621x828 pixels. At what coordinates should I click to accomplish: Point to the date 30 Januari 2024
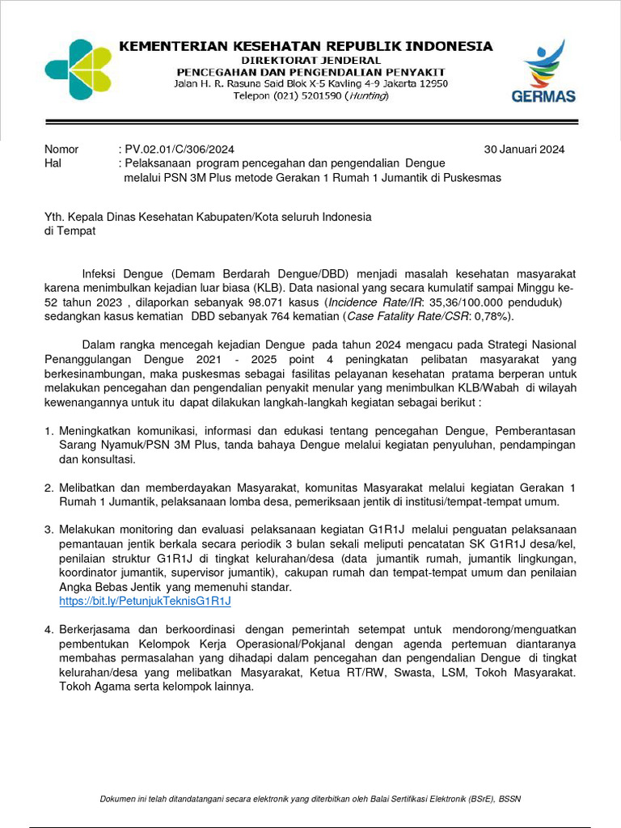tap(524, 150)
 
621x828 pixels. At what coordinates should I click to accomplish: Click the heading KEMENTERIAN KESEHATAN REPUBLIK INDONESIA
tap(306, 46)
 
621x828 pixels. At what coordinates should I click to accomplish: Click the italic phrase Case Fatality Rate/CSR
tap(404, 316)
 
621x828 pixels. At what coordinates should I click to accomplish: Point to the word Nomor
tap(61, 150)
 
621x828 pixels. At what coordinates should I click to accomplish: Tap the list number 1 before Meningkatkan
tap(49, 431)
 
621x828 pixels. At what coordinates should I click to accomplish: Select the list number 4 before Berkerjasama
tap(49, 629)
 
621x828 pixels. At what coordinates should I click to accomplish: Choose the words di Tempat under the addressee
tap(70, 231)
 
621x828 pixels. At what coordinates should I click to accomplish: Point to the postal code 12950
tap(430, 83)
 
